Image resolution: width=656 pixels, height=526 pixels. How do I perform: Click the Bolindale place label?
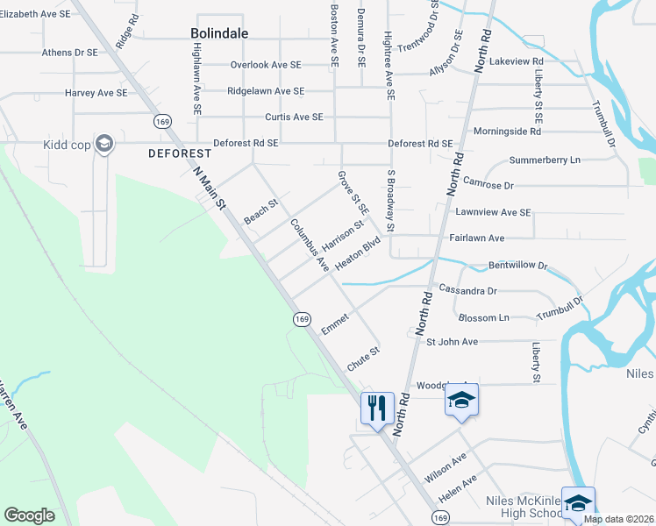coord(219,33)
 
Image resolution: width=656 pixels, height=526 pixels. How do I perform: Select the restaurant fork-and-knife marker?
coord(377,408)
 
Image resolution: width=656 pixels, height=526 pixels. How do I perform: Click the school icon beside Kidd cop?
coord(104,144)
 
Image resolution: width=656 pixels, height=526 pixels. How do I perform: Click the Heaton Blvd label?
coord(358,253)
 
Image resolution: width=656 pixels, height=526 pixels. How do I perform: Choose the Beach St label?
coord(260,211)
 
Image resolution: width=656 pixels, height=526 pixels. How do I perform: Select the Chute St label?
coord(362,359)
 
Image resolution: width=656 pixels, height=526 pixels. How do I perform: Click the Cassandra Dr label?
coord(467,290)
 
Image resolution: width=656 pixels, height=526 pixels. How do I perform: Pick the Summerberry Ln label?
coord(545,160)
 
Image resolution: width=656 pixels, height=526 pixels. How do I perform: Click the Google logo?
coord(29,515)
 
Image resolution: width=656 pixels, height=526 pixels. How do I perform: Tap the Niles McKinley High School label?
coord(524,507)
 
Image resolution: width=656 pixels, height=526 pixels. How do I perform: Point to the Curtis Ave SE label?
coord(294,117)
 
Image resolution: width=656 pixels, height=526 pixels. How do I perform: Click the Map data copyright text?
coord(618,519)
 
